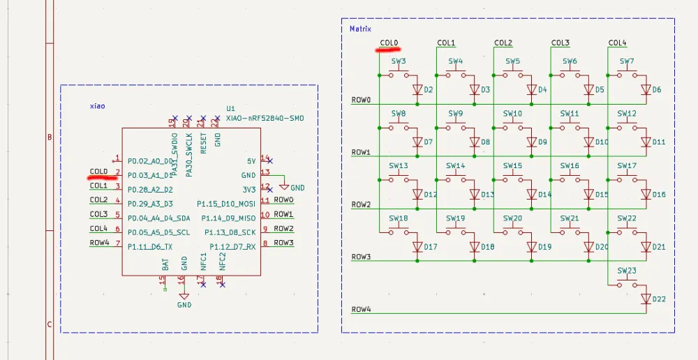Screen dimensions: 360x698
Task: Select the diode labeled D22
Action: pos(646,299)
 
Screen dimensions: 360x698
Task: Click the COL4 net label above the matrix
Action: pos(617,43)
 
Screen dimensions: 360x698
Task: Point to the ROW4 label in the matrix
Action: pos(361,309)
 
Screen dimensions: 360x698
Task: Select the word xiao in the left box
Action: pos(97,106)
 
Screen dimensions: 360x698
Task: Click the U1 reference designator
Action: pos(230,109)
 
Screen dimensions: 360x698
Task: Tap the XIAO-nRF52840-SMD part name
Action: pos(265,119)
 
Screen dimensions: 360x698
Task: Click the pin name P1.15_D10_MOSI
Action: pos(226,204)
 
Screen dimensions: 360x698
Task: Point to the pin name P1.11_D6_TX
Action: pos(149,247)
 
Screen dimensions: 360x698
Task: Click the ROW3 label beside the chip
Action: pos(283,243)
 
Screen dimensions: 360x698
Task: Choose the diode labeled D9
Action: pos(532,142)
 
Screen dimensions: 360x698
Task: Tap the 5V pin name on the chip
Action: pos(251,160)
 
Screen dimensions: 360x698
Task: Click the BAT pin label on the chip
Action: pos(165,263)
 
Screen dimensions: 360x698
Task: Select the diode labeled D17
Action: pos(417,247)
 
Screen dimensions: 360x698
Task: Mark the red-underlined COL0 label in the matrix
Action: pos(389,43)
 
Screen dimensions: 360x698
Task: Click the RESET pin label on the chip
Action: pos(204,143)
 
